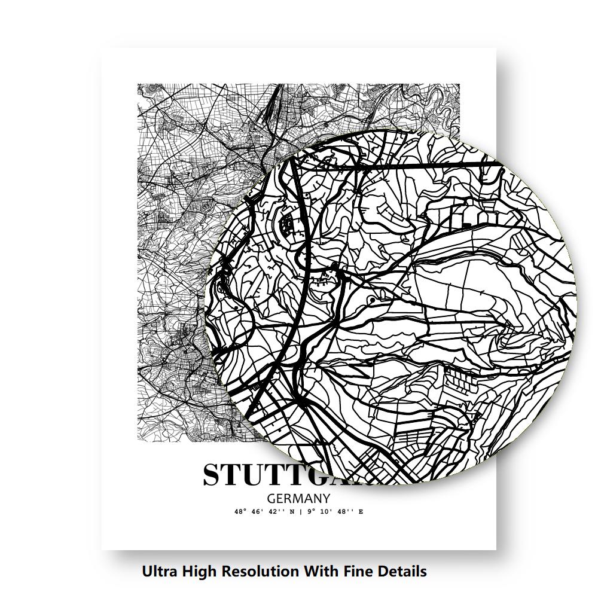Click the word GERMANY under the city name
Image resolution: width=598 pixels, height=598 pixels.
(x=298, y=498)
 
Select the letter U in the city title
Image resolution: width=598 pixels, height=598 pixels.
(x=261, y=475)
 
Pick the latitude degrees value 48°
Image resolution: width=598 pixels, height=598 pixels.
(x=240, y=512)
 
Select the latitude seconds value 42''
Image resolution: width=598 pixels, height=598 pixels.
(x=279, y=512)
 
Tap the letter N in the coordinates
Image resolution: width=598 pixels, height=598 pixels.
(x=292, y=512)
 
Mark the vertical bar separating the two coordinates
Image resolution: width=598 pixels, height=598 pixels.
(x=300, y=512)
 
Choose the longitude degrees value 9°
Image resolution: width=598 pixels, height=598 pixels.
(x=309, y=512)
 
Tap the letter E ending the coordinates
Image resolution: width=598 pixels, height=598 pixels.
(x=361, y=512)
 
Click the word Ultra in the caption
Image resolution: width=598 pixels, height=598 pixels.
(x=161, y=572)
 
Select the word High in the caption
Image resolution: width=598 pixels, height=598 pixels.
(x=200, y=572)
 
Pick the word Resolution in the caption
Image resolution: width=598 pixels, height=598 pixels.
(x=261, y=572)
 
